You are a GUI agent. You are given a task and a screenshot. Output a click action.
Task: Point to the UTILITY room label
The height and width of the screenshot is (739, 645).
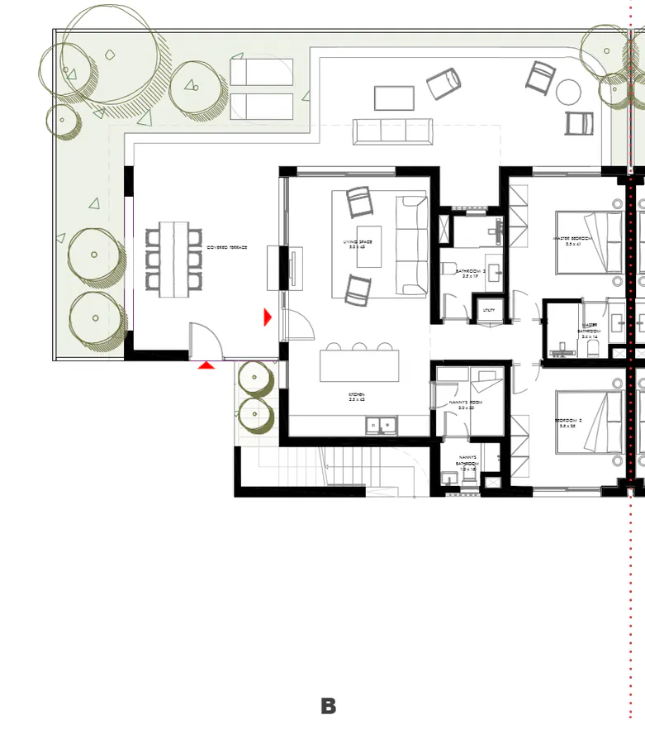(x=488, y=310)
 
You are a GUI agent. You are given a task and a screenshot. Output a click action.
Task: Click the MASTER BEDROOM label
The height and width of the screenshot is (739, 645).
(x=572, y=241)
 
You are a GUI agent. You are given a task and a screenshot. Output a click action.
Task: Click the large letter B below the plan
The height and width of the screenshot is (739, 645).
(x=329, y=706)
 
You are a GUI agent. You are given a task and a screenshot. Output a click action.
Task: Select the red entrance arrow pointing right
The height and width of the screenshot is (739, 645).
(x=267, y=317)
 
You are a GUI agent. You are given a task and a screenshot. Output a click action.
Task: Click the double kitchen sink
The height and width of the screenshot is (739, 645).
(x=381, y=426)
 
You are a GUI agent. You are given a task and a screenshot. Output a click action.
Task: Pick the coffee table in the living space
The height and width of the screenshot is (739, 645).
(x=369, y=246)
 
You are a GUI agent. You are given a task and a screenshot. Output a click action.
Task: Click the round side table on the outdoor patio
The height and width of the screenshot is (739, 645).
(x=569, y=92)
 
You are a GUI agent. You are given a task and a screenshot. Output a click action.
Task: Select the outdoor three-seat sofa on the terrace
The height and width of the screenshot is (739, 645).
(x=393, y=131)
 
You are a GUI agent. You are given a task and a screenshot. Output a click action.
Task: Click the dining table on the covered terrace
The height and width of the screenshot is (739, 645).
(x=173, y=259)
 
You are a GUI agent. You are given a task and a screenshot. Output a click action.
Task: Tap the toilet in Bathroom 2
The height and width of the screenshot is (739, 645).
(x=448, y=269)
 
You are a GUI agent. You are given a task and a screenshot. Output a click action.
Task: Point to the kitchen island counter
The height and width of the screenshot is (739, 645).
(x=359, y=365)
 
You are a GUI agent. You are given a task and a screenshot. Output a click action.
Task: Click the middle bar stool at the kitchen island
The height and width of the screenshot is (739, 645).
(x=359, y=346)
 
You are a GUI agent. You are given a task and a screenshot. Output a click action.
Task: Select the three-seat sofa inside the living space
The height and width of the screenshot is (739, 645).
(x=411, y=245)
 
